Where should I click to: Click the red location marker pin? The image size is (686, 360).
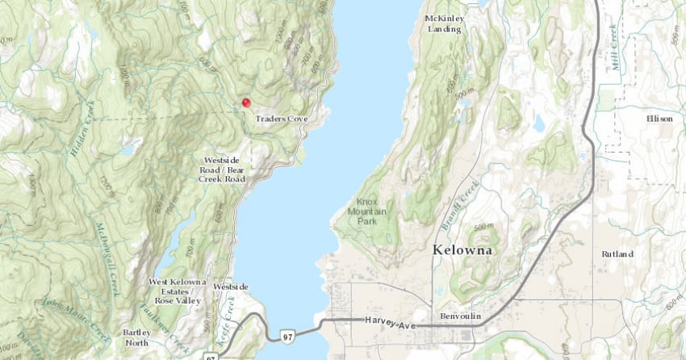[x=246, y=103]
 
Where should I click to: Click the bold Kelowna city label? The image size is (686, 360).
[x=462, y=250]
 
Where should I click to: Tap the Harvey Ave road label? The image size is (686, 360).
[x=390, y=321]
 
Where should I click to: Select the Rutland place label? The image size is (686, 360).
[x=617, y=253]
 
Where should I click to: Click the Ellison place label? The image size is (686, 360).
[x=659, y=118]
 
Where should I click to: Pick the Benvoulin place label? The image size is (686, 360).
[x=462, y=316]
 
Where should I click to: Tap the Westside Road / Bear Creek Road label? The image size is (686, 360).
[x=224, y=170]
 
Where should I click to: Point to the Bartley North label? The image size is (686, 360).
[x=136, y=337]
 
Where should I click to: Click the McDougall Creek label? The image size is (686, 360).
[x=107, y=258]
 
